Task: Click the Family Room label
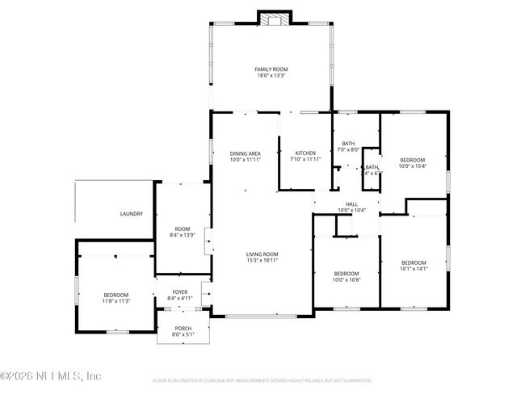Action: click(x=271, y=69)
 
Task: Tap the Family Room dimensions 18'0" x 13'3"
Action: click(x=271, y=76)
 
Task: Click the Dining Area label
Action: click(x=245, y=153)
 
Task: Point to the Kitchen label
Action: click(x=305, y=153)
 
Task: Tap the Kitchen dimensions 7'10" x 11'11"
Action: click(x=305, y=160)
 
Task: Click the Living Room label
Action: click(x=262, y=254)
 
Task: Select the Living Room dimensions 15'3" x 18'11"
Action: click(x=262, y=261)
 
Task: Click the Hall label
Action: click(x=351, y=204)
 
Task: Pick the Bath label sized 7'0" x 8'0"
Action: click(x=348, y=143)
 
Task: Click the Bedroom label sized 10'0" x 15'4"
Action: click(x=414, y=160)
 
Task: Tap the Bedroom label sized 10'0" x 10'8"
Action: click(x=346, y=274)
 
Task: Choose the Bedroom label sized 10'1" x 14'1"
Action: click(x=414, y=262)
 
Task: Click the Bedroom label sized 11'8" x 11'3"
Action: click(x=116, y=295)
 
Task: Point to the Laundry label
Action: click(x=132, y=214)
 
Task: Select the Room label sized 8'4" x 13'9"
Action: click(x=179, y=229)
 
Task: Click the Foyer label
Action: click(x=180, y=291)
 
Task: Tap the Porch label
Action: click(x=183, y=329)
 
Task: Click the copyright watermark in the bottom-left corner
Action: click(x=50, y=376)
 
